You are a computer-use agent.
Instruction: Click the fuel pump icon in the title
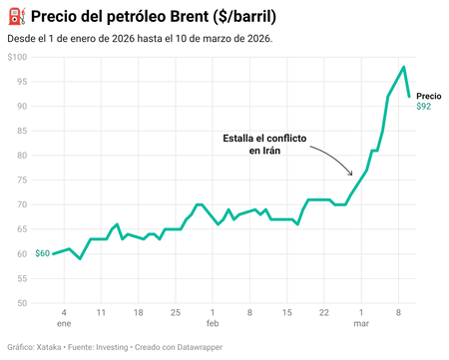[x=15, y=17]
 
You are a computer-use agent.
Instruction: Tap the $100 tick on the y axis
[x=18, y=57]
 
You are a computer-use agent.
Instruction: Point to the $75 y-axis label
[x=20, y=180]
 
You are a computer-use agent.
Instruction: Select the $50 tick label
[x=20, y=303]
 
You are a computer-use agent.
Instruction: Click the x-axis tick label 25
[x=175, y=312]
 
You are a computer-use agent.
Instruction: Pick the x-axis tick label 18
[x=138, y=312]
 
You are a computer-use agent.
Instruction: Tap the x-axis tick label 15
[x=286, y=312]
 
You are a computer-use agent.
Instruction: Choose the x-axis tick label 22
[x=324, y=312]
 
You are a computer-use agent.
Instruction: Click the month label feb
[x=213, y=324]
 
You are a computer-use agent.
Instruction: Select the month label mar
[x=361, y=324]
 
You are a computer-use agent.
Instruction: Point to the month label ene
[x=64, y=324]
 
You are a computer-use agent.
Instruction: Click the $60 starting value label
[x=42, y=253]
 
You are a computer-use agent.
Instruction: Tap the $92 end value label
[x=424, y=107]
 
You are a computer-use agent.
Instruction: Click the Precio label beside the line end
[x=428, y=96]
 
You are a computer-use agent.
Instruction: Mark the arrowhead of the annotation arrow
[x=350, y=174]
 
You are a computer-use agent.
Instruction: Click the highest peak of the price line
[x=403, y=67]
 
